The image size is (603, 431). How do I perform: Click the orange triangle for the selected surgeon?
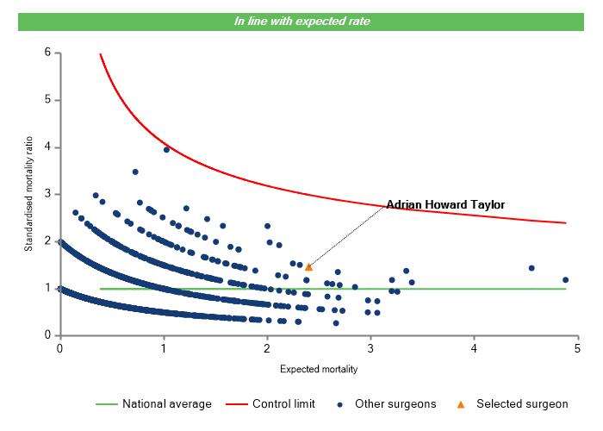coord(308,267)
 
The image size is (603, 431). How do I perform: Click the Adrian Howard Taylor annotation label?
coord(444,204)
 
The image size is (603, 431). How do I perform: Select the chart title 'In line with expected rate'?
coord(301,21)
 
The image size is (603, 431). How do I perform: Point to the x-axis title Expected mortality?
coord(319,369)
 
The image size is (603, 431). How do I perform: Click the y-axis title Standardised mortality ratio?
coord(28,194)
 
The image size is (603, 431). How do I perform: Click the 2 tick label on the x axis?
coord(267,348)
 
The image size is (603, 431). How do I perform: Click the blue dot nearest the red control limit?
coord(166,149)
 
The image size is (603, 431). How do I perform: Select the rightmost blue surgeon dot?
coord(565,279)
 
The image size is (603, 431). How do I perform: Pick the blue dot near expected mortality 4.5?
coord(532,268)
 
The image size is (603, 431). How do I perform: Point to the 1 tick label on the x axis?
coord(164,348)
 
